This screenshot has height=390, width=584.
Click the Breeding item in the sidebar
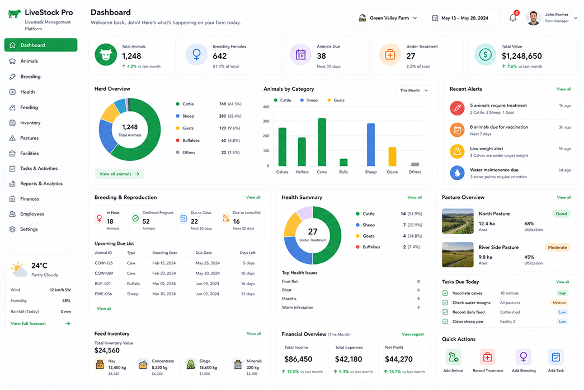(x=30, y=77)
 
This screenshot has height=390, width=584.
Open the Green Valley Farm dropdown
(x=387, y=18)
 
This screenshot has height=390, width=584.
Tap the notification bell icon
(x=513, y=17)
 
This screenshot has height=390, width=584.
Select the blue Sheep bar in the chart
(x=370, y=145)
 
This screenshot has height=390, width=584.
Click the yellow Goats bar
(x=392, y=156)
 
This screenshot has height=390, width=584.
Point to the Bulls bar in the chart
(x=343, y=162)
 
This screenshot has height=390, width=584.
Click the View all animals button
(x=119, y=174)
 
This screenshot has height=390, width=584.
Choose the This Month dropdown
(x=413, y=90)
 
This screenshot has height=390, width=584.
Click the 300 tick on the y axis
(x=266, y=121)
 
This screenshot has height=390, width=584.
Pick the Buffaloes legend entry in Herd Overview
(x=188, y=140)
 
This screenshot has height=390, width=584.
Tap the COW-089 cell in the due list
(x=104, y=273)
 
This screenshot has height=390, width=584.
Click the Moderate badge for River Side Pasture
(x=557, y=248)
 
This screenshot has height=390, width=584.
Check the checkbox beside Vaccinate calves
(x=445, y=293)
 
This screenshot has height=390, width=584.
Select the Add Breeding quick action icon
(x=523, y=357)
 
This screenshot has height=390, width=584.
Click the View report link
(x=413, y=335)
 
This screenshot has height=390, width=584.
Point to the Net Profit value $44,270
(x=398, y=359)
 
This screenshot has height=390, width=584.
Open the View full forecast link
(x=29, y=323)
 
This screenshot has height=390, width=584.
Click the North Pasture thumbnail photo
(x=458, y=221)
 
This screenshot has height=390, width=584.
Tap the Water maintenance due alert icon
(x=457, y=173)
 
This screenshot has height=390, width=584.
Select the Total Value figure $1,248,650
(x=521, y=56)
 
